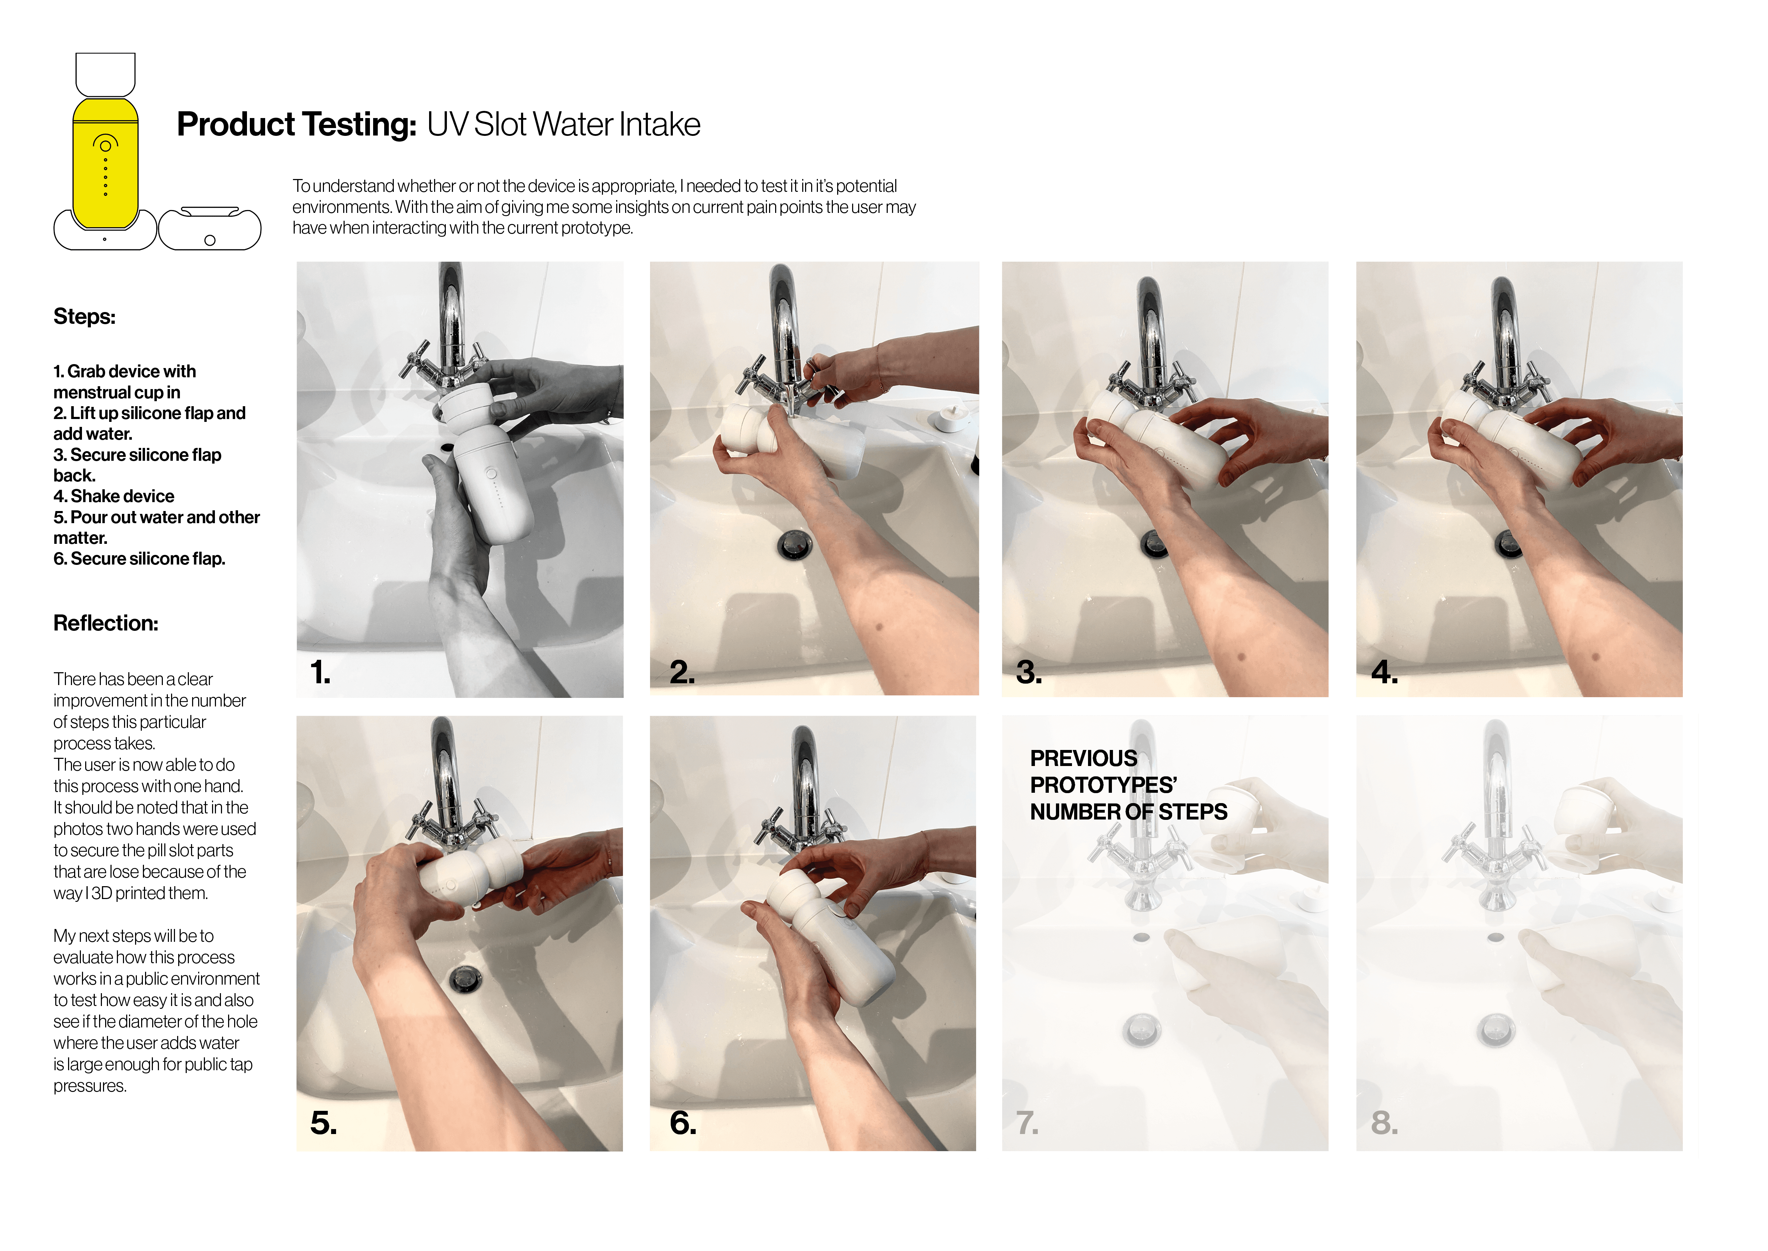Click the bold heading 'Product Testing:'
tap(297, 125)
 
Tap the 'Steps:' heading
tap(85, 317)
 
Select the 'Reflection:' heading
tap(105, 623)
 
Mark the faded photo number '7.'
tap(1027, 1123)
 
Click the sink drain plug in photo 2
tap(794, 544)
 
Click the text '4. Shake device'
tap(114, 496)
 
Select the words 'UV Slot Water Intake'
tap(564, 125)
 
